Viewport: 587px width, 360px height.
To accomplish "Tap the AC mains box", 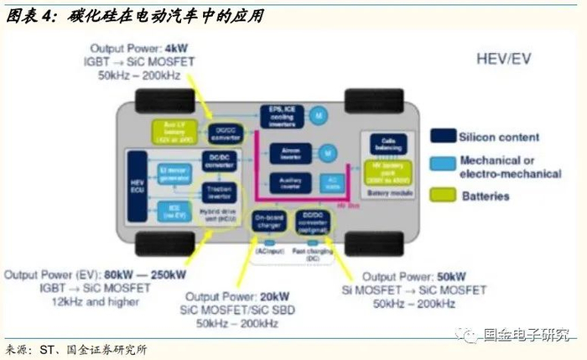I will coord(333,183).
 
